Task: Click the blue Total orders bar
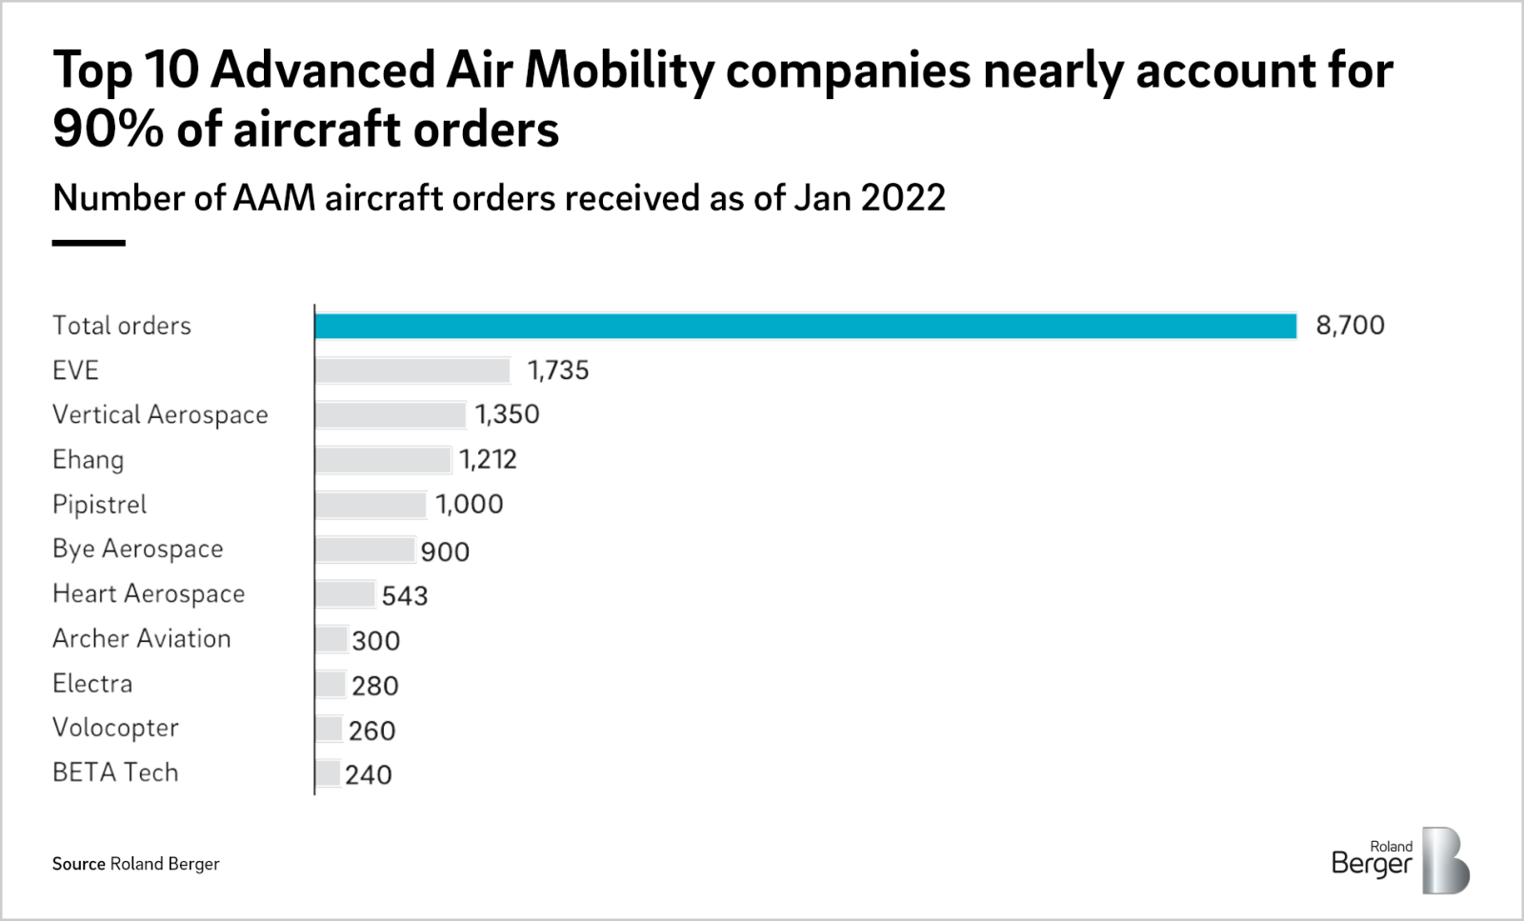pos(805,326)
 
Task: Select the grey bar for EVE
pos(412,370)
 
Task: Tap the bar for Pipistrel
pos(371,505)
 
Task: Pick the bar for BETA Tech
pos(328,773)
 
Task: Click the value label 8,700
pos(1350,326)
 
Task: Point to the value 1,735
pos(558,370)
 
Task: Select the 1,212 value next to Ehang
pos(488,460)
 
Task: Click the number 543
pos(405,596)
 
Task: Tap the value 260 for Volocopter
pos(371,731)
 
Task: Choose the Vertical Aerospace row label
pos(160,415)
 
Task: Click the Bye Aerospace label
pos(137,550)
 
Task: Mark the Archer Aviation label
pos(141,639)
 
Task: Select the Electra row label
pos(92,684)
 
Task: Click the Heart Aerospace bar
pos(345,594)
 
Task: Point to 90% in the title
pos(108,130)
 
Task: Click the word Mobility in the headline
pos(619,70)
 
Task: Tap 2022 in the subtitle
pos(903,198)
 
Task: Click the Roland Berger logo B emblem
pos(1445,861)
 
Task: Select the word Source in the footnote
pos(78,864)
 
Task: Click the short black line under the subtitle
pos(89,243)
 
